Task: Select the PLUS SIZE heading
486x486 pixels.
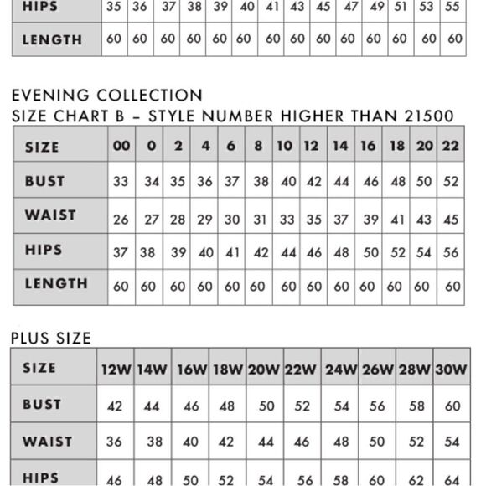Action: pos(51,338)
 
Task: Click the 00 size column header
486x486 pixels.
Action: pos(121,146)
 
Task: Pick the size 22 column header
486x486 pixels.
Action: pos(451,146)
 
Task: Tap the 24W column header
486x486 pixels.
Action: pos(341,369)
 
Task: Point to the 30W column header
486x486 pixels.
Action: pos(452,369)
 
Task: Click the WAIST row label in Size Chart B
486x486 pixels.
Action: pos(50,215)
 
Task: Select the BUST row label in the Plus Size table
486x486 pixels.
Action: pos(42,405)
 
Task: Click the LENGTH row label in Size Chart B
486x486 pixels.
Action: pos(56,284)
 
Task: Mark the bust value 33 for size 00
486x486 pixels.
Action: pos(121,181)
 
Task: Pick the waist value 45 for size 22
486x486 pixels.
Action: pos(451,220)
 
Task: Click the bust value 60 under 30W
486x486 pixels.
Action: pos(452,406)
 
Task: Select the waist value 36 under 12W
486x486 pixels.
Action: pos(115,442)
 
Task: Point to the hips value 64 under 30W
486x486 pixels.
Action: pos(452,480)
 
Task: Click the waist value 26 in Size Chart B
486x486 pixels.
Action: pos(121,220)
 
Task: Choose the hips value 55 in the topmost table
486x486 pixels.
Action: pos(452,7)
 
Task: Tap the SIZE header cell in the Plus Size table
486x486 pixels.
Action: pos(39,368)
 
